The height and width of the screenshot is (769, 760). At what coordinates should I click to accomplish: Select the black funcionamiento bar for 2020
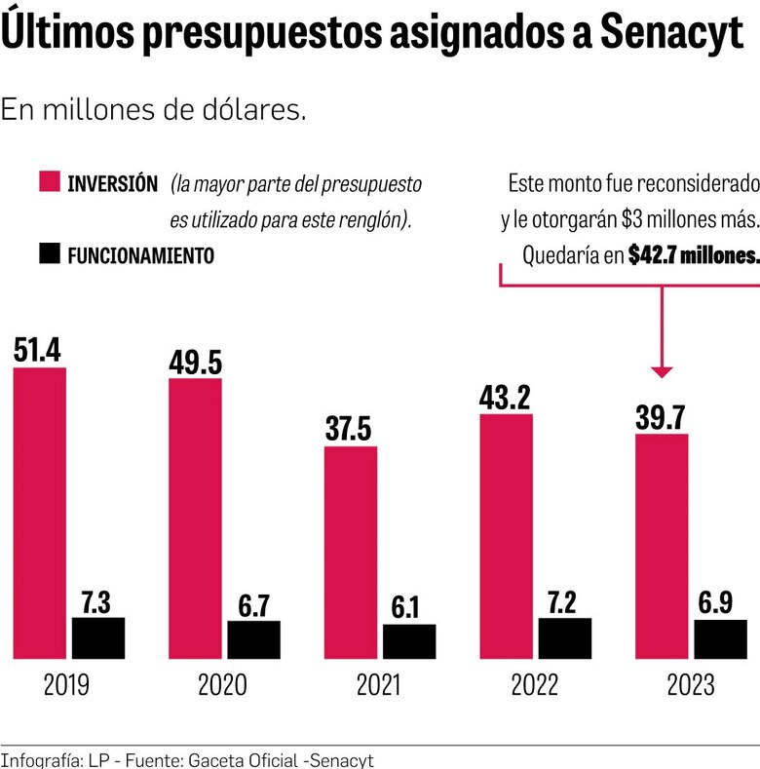(253, 639)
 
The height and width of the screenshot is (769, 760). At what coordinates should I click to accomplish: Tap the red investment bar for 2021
(351, 553)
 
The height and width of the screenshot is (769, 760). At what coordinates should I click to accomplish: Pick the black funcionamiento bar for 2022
(565, 637)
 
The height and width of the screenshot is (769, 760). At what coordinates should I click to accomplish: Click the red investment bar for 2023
(662, 546)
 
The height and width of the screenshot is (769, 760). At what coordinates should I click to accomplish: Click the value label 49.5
(195, 361)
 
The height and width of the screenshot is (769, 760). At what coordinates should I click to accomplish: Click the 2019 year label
(66, 685)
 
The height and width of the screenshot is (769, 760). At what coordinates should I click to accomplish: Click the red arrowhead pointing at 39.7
(662, 370)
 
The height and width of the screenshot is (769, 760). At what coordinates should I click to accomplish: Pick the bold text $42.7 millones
(693, 255)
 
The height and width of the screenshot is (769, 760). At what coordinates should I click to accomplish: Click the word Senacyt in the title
(672, 35)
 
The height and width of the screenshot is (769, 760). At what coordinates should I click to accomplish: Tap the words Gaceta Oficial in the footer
(215, 759)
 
